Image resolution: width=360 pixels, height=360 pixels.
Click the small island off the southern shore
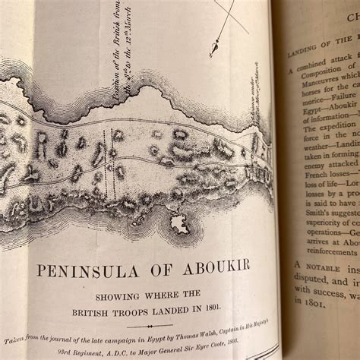[x=180, y=223]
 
